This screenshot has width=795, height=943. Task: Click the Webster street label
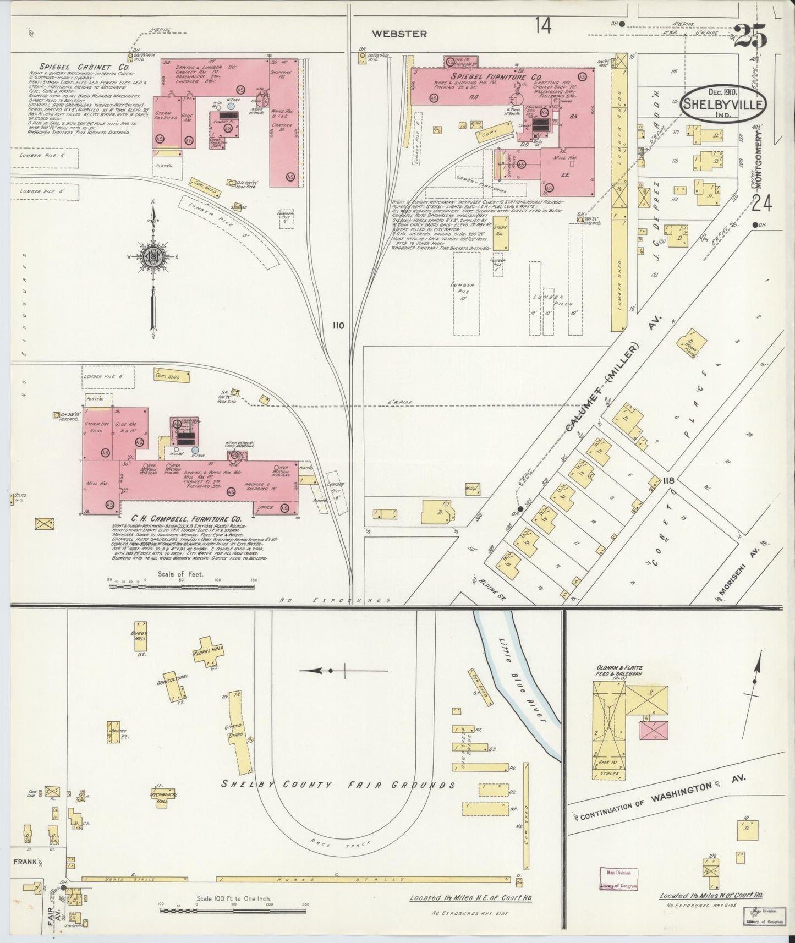(399, 34)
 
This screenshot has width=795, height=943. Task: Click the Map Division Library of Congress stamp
(618, 879)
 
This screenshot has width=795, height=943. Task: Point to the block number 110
(338, 325)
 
